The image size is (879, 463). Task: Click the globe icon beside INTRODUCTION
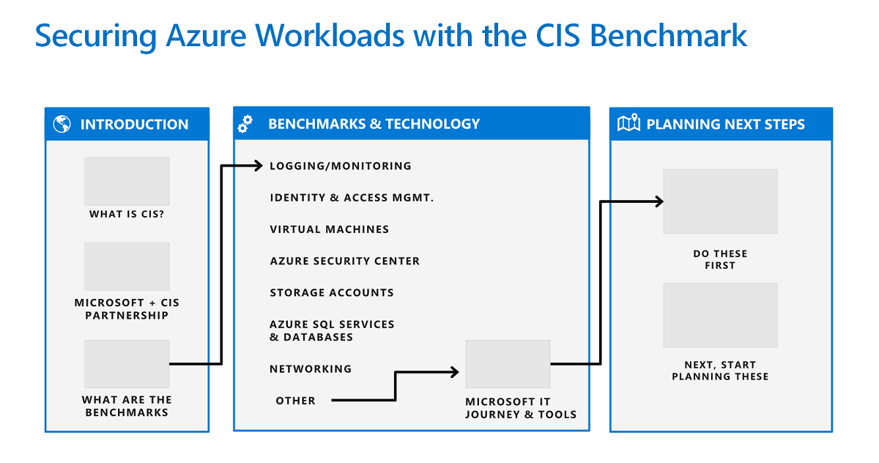click(x=62, y=125)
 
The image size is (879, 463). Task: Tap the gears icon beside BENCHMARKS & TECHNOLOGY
click(x=245, y=125)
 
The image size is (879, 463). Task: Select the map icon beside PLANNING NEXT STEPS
click(x=628, y=124)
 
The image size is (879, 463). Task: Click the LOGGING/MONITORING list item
click(x=340, y=166)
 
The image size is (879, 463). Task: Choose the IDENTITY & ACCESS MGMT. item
click(x=352, y=198)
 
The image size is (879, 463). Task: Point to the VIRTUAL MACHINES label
click(x=329, y=229)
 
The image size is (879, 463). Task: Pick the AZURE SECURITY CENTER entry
click(x=344, y=261)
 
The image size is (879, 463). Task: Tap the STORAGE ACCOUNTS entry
click(x=331, y=292)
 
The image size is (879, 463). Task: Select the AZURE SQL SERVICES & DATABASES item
click(x=332, y=330)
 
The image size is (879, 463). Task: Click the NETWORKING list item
click(x=311, y=368)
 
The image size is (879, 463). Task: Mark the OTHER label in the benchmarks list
click(x=295, y=401)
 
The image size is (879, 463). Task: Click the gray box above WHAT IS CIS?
click(x=127, y=181)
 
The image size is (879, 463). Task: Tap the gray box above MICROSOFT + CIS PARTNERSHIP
click(x=127, y=267)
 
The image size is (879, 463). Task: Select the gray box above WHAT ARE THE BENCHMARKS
click(x=127, y=364)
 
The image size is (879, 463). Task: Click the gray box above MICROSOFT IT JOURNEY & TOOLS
click(x=508, y=364)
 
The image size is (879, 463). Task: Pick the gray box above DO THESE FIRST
click(x=720, y=201)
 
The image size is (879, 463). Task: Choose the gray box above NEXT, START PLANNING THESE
click(x=720, y=315)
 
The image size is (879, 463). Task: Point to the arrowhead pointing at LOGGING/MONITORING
click(x=257, y=166)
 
